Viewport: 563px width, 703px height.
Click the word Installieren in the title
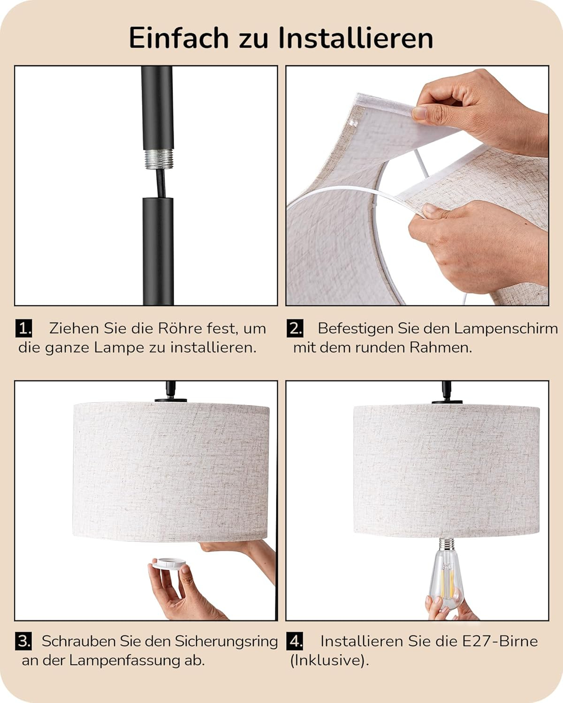click(x=356, y=38)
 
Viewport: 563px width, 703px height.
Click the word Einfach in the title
click(x=179, y=38)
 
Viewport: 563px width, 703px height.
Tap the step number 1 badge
click(x=23, y=329)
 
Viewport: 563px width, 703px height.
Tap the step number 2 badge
click(x=295, y=329)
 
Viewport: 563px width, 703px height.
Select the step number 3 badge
click(x=23, y=641)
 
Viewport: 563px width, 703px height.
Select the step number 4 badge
click(x=295, y=641)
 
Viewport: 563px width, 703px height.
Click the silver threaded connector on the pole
click(x=159, y=159)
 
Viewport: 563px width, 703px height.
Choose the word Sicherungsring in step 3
click(x=226, y=642)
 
